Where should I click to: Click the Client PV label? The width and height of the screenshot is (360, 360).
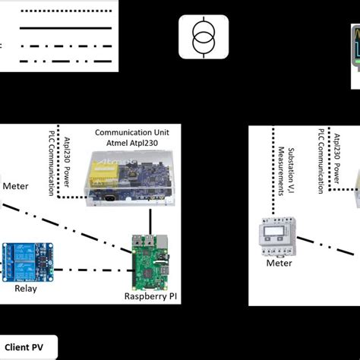pos(28,346)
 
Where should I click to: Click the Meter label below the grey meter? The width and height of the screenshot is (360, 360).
pos(279,264)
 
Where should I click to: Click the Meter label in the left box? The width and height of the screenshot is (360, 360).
pos(15,186)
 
